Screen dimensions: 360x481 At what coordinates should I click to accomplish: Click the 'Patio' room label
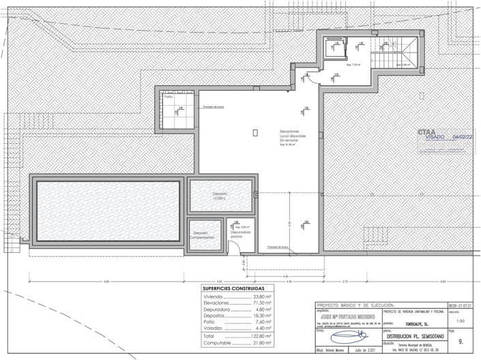pos(167,97)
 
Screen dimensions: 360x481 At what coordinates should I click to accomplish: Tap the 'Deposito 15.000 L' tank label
pos(219,196)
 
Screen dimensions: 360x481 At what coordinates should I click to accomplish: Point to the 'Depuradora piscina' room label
pos(239,234)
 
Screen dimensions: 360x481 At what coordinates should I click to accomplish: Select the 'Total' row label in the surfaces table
pos(209,336)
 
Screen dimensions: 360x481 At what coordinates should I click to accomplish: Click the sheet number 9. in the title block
pos(465,341)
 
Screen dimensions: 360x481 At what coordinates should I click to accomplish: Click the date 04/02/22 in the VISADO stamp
pos(463,137)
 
